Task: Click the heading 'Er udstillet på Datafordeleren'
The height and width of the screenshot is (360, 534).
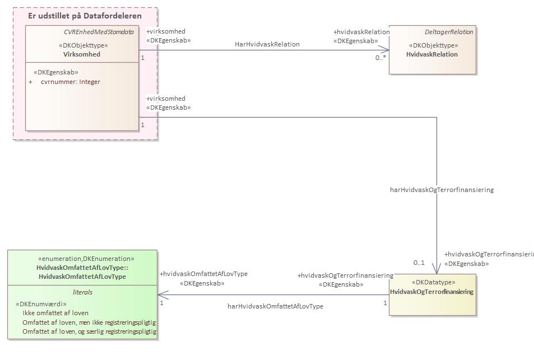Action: coord(85,16)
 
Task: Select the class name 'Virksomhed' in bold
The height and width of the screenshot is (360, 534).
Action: coord(82,54)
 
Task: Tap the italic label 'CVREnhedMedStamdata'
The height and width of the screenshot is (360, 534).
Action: coord(99,32)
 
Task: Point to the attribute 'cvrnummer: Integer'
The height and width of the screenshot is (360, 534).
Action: coord(71,82)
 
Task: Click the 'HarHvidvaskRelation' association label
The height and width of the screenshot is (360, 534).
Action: coord(267,44)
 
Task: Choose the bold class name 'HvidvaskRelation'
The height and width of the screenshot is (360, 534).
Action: coord(432,54)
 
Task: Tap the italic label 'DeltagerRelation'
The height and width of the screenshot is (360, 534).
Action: coord(449,32)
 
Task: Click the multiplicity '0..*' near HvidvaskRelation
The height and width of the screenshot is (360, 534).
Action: coord(380,58)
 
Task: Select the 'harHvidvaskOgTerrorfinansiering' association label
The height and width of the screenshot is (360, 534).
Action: coord(442,190)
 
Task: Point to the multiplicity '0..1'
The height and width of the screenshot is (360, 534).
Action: coord(419,263)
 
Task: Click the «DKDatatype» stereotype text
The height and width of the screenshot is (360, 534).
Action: coord(434,282)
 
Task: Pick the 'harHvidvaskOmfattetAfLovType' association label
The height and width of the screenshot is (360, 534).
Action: coord(275,306)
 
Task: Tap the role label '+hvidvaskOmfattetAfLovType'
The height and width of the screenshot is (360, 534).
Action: coord(203,274)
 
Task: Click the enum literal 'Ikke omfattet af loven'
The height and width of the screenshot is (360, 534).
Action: coord(55,313)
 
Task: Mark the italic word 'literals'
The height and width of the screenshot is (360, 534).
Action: coord(82,292)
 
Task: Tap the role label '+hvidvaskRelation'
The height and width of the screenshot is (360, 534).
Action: coord(361,32)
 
